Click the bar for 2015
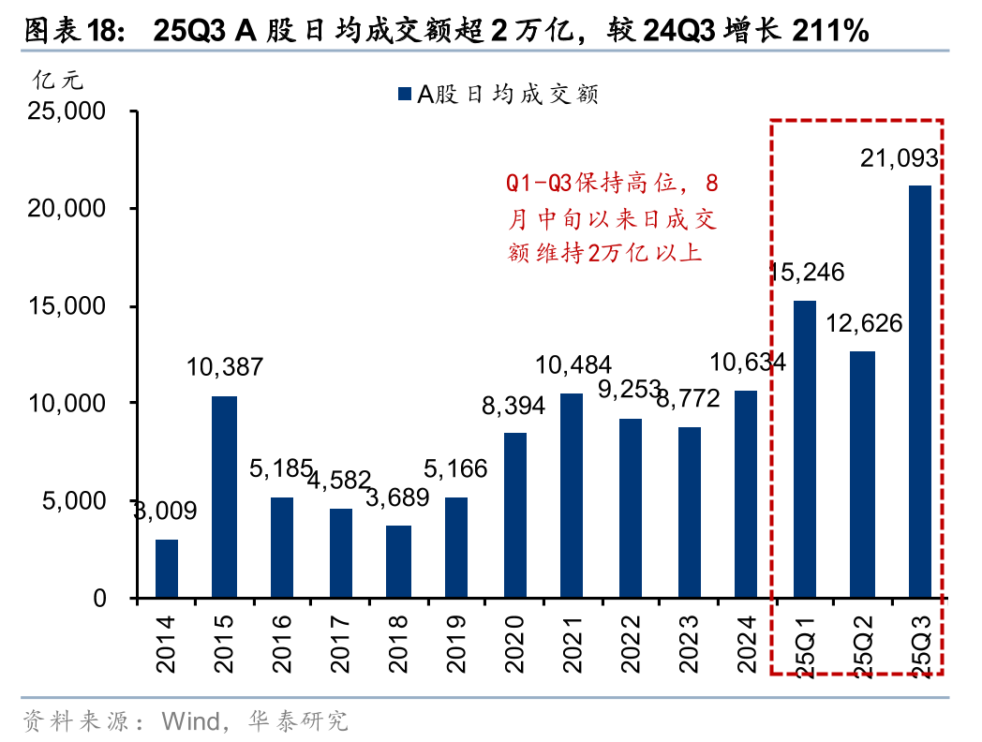click(x=224, y=497)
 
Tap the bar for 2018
click(x=398, y=561)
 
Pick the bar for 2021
click(x=573, y=496)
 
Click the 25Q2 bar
click(x=862, y=474)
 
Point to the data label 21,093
click(x=900, y=160)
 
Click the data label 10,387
click(x=224, y=367)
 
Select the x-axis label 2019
click(x=456, y=644)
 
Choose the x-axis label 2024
click(x=747, y=644)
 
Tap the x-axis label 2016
click(x=282, y=644)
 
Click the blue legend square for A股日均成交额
click(x=405, y=94)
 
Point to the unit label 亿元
click(x=56, y=82)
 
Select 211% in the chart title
click(x=830, y=32)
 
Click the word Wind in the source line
click(x=189, y=720)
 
